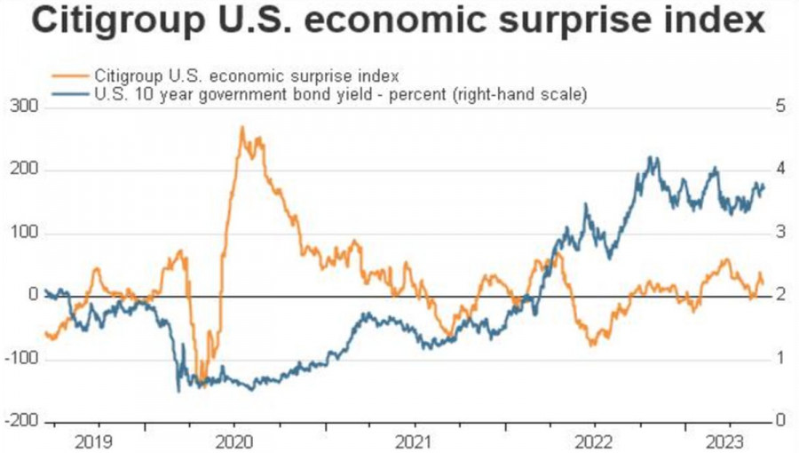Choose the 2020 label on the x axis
click(x=237, y=439)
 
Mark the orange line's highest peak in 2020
click(x=242, y=127)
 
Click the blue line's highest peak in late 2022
click(x=653, y=158)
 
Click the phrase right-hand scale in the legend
click(x=532, y=91)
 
